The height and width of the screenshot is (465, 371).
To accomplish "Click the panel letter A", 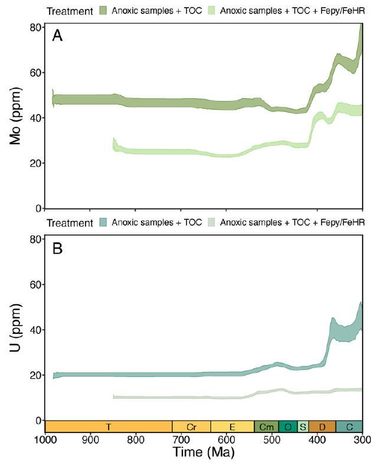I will [x=57, y=37].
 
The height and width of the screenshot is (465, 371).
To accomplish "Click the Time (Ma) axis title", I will [x=203, y=453].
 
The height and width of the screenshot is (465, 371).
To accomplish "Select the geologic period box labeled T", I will [x=109, y=427].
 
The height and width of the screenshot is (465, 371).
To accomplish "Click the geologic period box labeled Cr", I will [x=191, y=427].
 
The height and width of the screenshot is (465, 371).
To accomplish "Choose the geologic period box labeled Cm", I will [x=266, y=427].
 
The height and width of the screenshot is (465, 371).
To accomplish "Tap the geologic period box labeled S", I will [x=303, y=427].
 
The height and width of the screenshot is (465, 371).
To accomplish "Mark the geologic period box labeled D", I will [x=322, y=427].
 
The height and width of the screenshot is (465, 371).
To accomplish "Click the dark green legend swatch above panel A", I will [x=103, y=10].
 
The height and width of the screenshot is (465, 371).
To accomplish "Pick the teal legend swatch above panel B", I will [x=103, y=223].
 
